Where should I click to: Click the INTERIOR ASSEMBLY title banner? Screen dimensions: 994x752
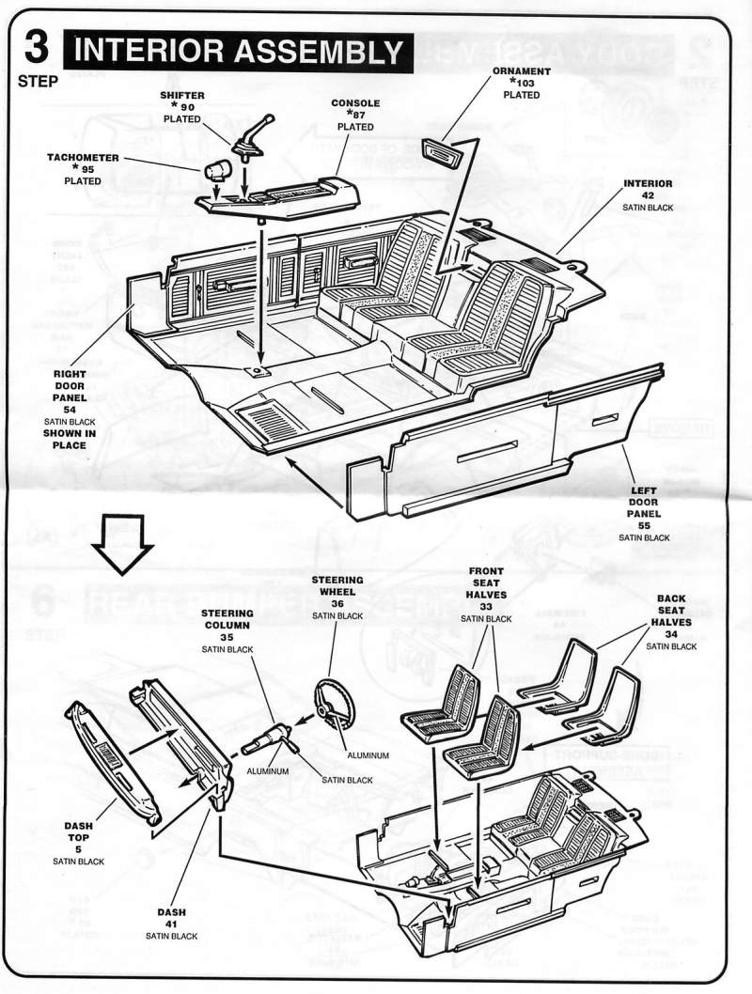(x=239, y=52)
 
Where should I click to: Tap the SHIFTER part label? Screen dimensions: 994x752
(x=182, y=96)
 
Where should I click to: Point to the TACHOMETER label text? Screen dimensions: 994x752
(x=83, y=158)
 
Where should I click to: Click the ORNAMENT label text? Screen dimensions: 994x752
(x=521, y=71)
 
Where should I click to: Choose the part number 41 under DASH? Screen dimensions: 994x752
(x=171, y=924)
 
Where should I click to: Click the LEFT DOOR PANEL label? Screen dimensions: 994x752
(x=644, y=502)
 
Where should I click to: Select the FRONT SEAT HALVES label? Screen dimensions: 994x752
(x=486, y=595)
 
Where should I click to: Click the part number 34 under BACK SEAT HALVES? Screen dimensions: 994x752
(x=671, y=634)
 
